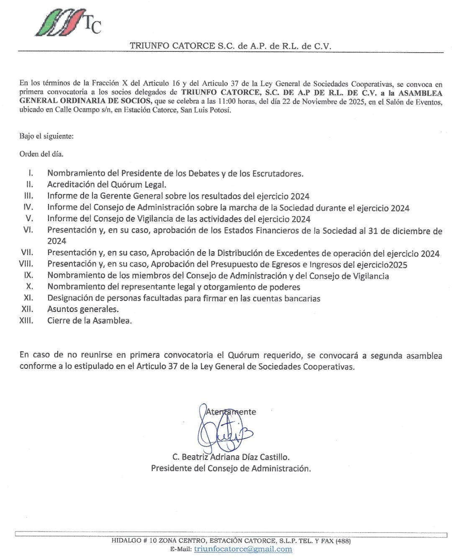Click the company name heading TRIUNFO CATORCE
pyautogui.click(x=230, y=46)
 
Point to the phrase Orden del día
pyautogui.click(x=41, y=154)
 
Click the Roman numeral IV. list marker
pyautogui.click(x=28, y=207)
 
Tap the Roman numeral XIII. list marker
pyautogui.click(x=26, y=321)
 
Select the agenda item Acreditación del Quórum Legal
pyautogui.click(x=107, y=184)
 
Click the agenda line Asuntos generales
pyautogui.click(x=83, y=309)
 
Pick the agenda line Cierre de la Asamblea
pyautogui.click(x=90, y=321)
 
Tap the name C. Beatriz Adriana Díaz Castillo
pyautogui.click(x=231, y=457)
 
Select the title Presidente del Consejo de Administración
pyautogui.click(x=231, y=468)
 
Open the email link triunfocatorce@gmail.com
pyautogui.click(x=243, y=549)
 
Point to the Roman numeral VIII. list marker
pyautogui.click(x=26, y=264)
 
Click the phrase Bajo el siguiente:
pyautogui.click(x=46, y=136)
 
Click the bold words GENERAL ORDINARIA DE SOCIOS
pyautogui.click(x=85, y=101)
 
